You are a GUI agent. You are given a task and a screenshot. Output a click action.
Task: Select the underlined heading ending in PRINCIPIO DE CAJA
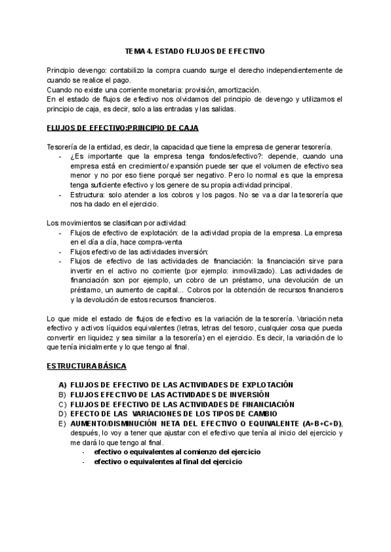point(123,128)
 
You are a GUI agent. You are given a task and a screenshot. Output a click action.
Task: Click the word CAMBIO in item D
point(260,413)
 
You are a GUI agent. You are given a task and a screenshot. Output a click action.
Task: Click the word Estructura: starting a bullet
point(89,195)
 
